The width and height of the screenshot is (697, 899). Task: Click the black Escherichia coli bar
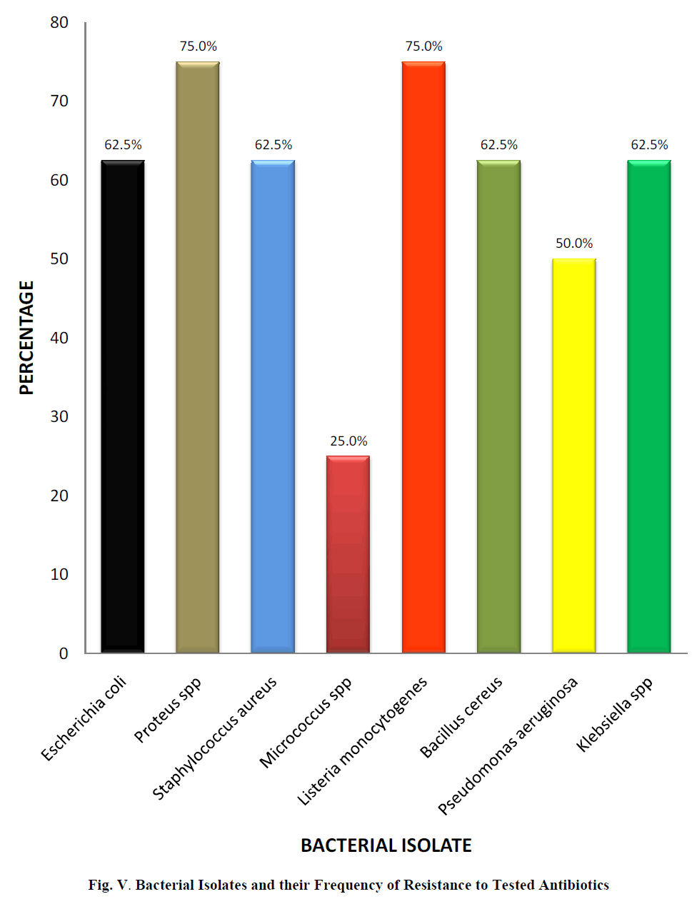[x=123, y=407]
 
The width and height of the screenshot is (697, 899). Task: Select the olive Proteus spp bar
[x=198, y=357]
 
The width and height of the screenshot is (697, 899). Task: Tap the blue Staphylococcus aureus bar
[x=273, y=407]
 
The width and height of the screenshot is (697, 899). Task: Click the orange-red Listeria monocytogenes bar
[x=423, y=357]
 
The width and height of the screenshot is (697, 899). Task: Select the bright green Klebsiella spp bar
[x=649, y=407]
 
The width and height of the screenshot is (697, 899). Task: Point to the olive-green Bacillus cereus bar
[x=498, y=407]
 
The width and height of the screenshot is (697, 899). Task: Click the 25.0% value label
[x=348, y=441]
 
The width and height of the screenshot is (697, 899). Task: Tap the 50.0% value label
[x=574, y=243]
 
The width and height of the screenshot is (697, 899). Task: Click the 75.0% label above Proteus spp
[x=198, y=46]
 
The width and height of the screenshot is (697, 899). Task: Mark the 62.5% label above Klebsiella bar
[x=649, y=145]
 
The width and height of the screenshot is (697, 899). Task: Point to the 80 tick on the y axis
[x=59, y=23]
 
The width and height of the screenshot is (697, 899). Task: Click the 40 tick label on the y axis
[x=59, y=338]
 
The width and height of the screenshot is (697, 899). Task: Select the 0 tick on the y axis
[x=64, y=653]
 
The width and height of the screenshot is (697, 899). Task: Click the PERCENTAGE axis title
[x=26, y=338]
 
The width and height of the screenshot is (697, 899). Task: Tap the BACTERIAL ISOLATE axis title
[x=386, y=845]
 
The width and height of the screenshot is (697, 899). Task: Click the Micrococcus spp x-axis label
[x=306, y=722]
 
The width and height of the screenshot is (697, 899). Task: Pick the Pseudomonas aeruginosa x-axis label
[x=508, y=746]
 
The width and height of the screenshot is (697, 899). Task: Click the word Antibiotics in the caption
[x=573, y=885]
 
